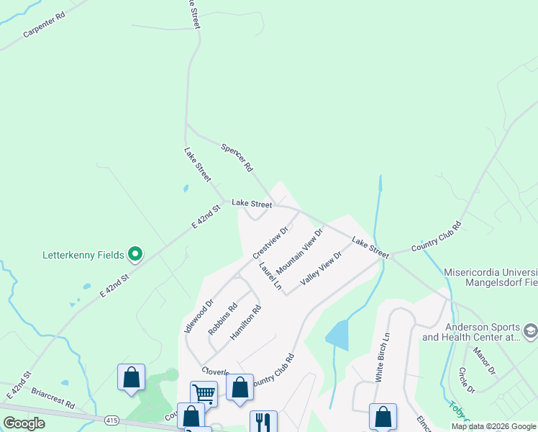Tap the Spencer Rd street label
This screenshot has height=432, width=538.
[x=237, y=157]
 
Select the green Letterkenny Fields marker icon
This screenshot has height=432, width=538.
[x=134, y=254]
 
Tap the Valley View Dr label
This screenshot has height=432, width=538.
[x=320, y=268]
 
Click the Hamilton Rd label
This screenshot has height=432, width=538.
[x=245, y=323]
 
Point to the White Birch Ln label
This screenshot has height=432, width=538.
[x=381, y=357]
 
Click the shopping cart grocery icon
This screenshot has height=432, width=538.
[x=204, y=393]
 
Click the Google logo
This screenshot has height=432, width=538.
[x=24, y=423]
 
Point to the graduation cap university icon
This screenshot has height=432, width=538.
[x=531, y=330]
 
